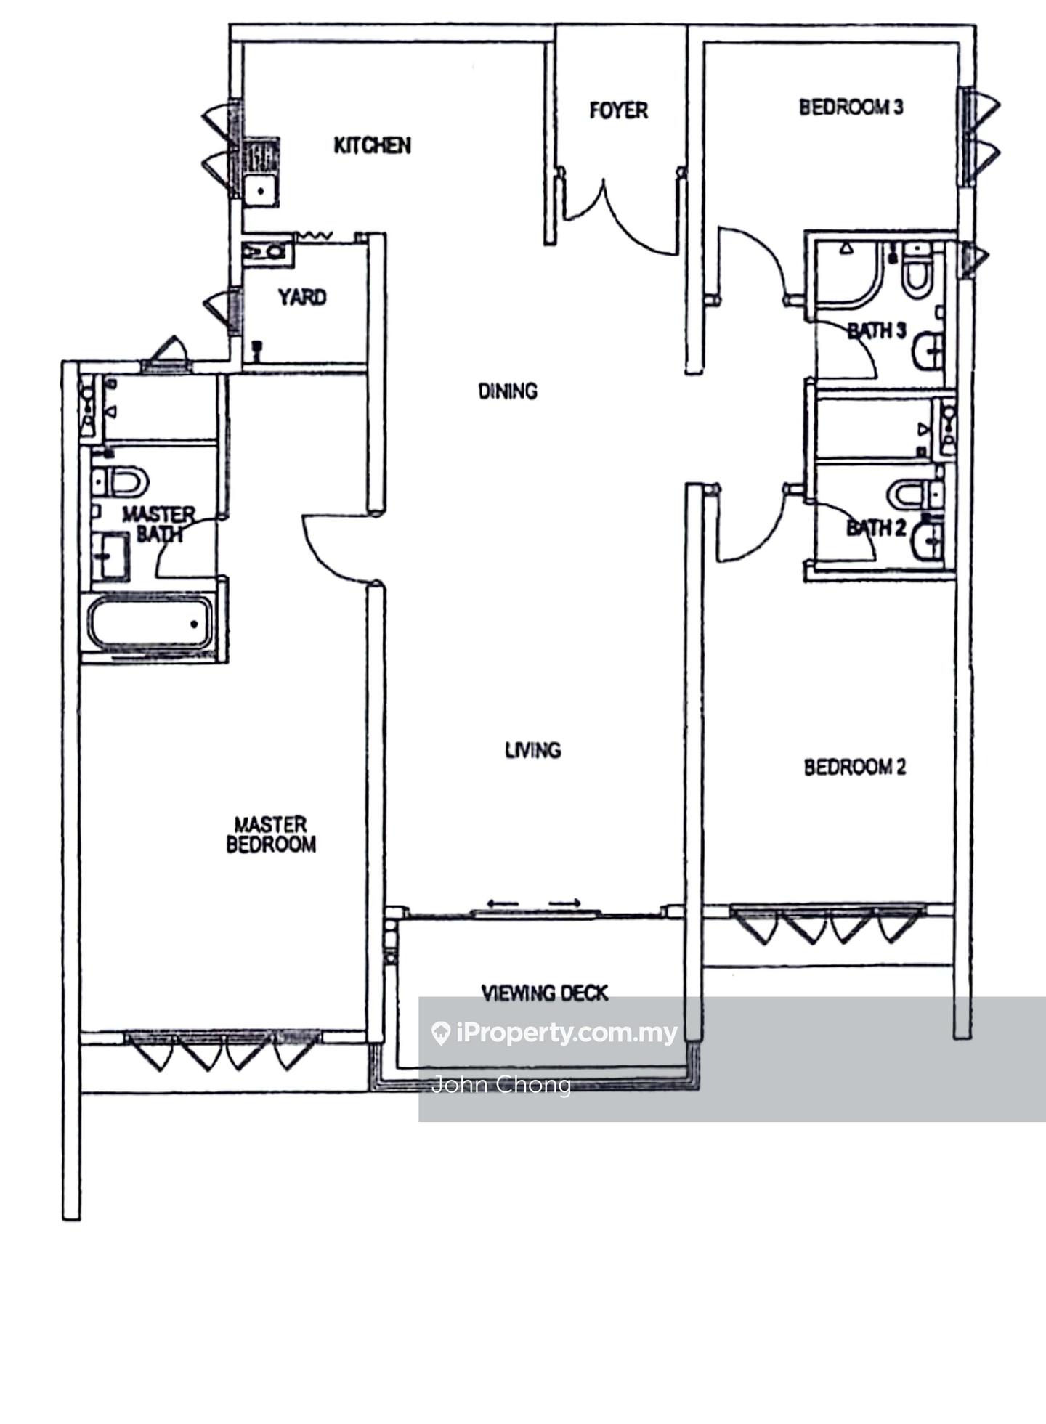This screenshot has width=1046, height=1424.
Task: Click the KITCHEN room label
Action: pos(372,145)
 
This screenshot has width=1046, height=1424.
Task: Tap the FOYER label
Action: pos(618,110)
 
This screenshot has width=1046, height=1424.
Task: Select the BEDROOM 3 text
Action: pos(851,107)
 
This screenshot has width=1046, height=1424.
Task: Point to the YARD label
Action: pos(302,297)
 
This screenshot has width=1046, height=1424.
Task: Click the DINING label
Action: pos(508,391)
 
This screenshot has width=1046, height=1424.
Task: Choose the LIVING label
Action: pos(532,749)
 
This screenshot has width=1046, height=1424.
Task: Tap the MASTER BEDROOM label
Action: pos(271,834)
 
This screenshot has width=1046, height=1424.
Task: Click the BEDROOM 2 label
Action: pos(854,767)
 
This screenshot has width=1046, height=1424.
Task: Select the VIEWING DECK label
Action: pos(544,993)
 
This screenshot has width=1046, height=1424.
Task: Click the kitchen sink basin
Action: pos(260,191)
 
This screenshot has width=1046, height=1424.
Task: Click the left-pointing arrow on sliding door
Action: pos(502,903)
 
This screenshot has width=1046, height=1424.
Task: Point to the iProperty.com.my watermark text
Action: pos(567,1032)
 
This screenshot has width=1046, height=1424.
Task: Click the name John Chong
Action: pos(501,1084)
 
